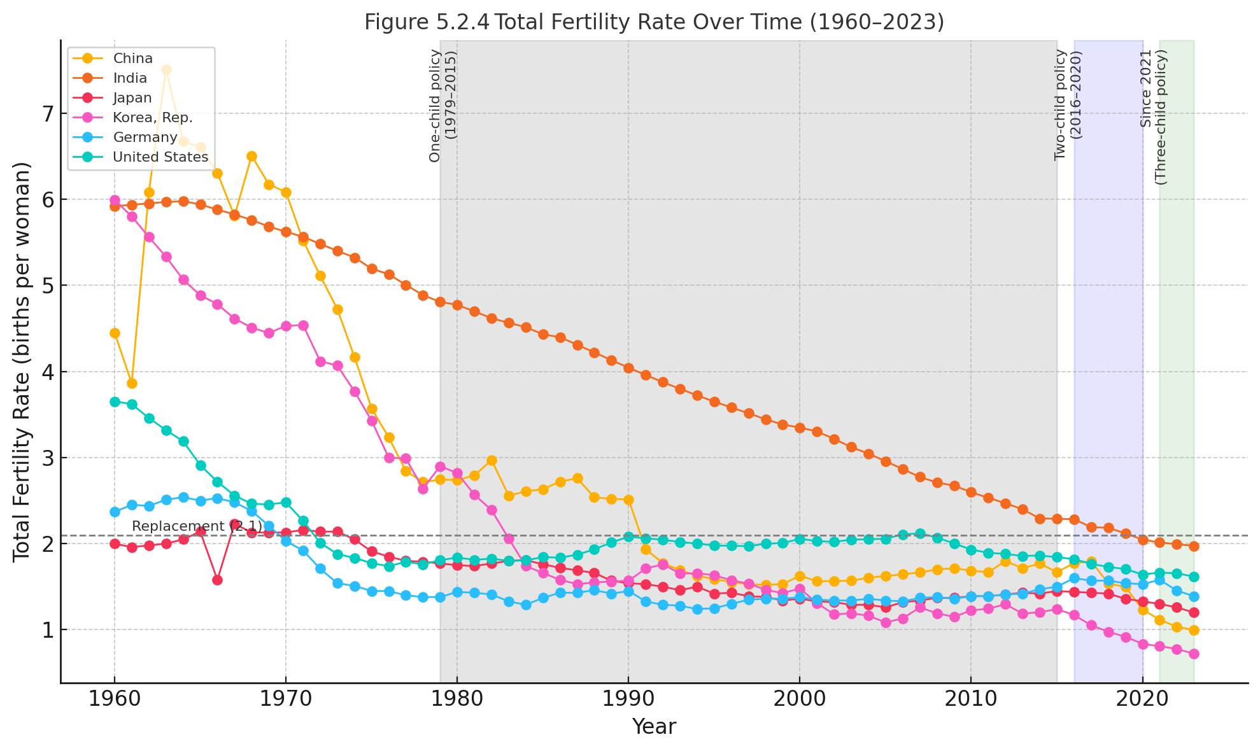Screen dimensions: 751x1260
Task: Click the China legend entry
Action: [x=132, y=59]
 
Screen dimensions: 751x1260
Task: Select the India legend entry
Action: [x=130, y=78]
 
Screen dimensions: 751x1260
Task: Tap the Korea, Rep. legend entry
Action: [x=152, y=118]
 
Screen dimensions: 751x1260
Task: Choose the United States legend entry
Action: [x=160, y=157]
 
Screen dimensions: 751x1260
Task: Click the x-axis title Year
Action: [x=654, y=727]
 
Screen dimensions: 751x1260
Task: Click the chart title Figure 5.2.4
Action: [x=654, y=22]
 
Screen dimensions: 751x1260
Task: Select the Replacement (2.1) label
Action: [x=197, y=526]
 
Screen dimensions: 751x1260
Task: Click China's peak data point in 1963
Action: [x=166, y=69]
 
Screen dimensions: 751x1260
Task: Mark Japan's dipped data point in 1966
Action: [x=217, y=580]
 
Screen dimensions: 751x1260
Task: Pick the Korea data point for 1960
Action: [x=115, y=200]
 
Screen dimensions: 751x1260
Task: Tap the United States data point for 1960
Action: [x=115, y=402]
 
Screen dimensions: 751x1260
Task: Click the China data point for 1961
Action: [x=132, y=383]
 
